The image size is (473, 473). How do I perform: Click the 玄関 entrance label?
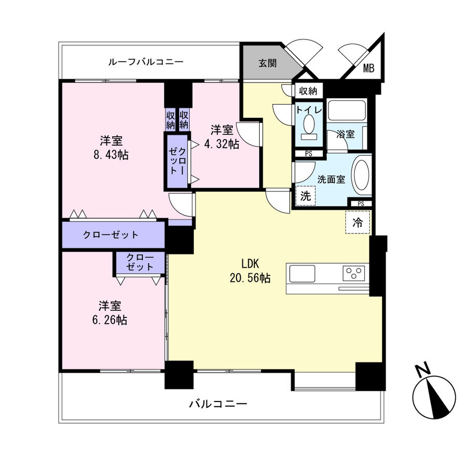point(268,63)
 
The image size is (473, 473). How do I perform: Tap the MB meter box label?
point(368,68)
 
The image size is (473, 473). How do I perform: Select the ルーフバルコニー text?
point(146,62)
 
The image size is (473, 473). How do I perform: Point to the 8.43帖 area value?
point(111,155)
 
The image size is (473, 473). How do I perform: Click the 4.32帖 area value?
point(222,144)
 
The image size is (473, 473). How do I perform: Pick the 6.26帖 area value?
point(109,320)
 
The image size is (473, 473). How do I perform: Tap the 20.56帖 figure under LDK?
point(250,278)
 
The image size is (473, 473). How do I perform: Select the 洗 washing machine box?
point(306,196)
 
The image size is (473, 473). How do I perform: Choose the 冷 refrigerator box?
point(357,223)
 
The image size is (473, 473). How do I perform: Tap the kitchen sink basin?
point(302,274)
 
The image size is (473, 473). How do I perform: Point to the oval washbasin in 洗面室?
point(362,175)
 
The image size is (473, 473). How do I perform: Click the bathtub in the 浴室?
point(347,111)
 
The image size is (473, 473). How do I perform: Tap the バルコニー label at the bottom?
point(218,404)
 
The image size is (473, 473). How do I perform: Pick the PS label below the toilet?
point(309,154)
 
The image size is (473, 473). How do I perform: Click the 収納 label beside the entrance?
point(308,90)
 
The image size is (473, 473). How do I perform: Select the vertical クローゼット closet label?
point(177,161)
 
